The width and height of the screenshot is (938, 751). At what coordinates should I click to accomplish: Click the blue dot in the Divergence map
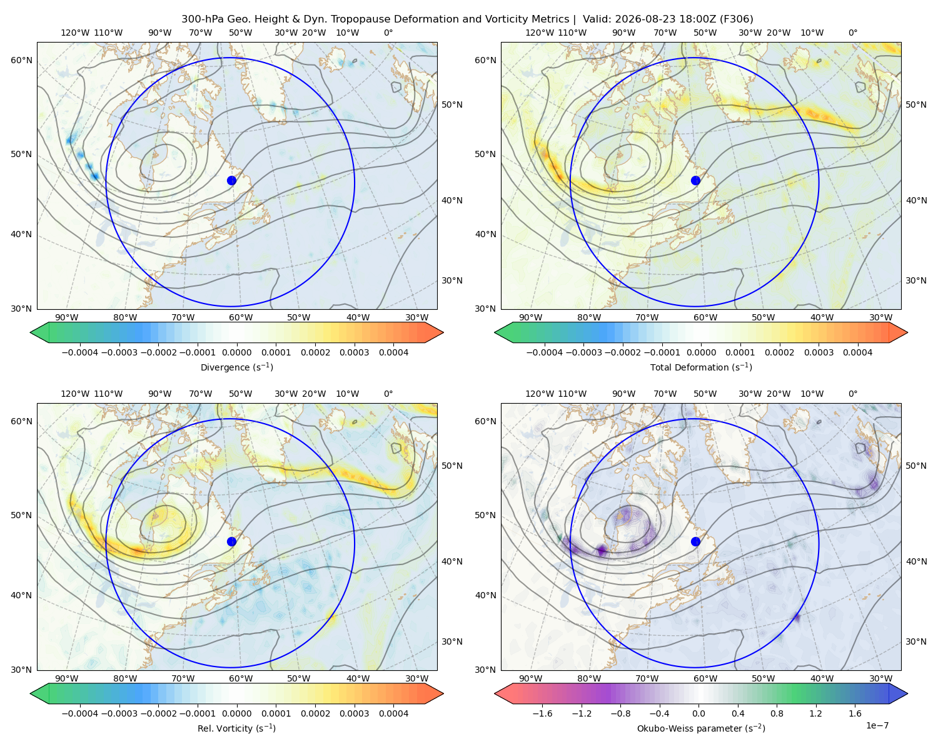231,180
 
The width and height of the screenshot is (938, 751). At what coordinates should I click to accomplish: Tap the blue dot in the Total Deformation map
695,180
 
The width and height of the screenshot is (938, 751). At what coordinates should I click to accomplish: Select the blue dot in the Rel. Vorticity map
231,541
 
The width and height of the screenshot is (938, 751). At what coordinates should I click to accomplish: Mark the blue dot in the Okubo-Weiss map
695,541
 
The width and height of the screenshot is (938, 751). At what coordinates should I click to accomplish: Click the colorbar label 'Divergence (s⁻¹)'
236,367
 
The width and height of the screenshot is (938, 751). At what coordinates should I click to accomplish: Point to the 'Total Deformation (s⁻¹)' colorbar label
701,367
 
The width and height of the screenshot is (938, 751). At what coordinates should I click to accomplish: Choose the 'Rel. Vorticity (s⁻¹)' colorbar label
236,728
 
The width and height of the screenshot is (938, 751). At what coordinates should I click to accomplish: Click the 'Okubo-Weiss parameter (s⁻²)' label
701,728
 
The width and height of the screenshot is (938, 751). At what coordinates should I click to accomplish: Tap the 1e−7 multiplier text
877,725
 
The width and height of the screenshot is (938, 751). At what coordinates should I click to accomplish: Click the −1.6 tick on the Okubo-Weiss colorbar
542,713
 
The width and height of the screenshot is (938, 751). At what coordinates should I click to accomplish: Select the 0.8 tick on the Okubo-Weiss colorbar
777,713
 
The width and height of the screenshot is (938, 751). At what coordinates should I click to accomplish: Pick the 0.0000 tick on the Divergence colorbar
236,352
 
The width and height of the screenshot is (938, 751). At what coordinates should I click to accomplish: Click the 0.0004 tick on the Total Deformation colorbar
858,352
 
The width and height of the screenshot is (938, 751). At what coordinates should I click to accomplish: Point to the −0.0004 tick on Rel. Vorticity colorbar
80,713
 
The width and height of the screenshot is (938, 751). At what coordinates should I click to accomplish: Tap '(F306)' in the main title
736,19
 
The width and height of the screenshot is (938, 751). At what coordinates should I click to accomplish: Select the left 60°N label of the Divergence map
21,60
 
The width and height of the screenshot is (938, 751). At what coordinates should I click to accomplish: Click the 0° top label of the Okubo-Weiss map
852,394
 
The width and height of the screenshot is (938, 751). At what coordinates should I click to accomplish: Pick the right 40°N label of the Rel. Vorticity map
452,561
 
